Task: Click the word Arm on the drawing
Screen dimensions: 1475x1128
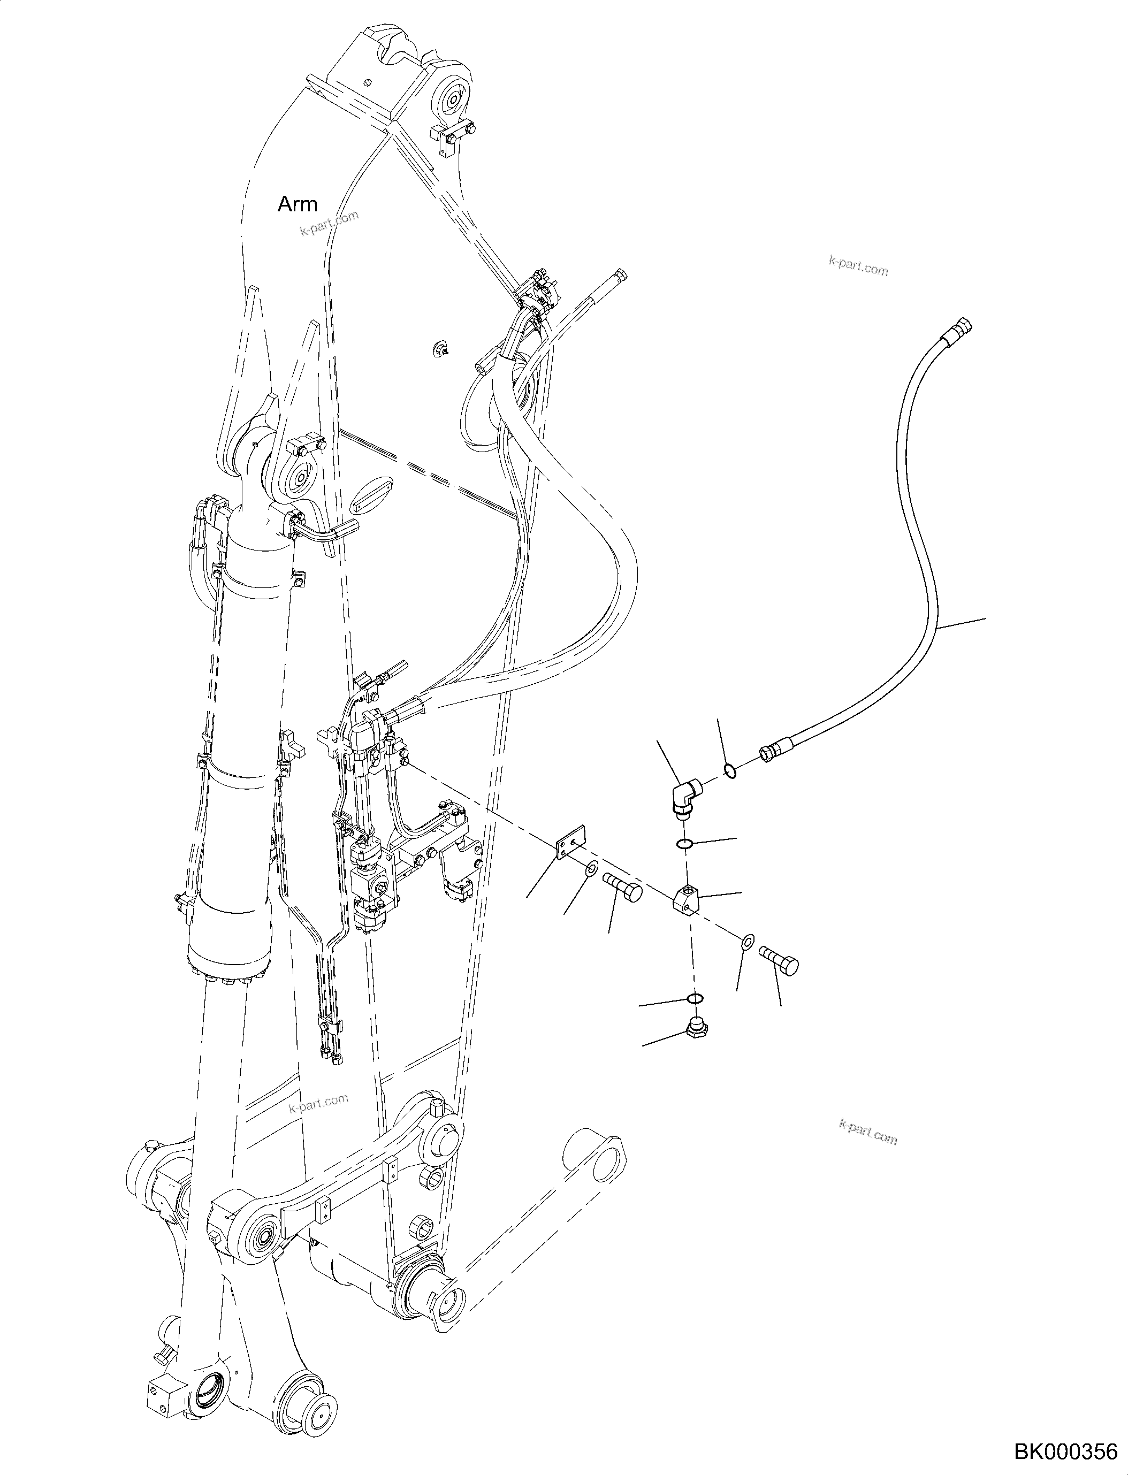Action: (x=298, y=204)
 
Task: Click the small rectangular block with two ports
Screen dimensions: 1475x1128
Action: (x=685, y=898)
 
